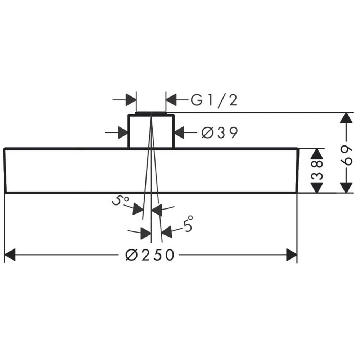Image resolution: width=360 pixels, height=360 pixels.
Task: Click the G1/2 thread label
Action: click(x=214, y=100)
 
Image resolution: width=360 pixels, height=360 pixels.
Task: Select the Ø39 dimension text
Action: click(x=220, y=132)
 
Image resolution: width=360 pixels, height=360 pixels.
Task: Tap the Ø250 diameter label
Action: click(x=150, y=255)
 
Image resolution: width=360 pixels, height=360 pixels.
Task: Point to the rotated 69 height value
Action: click(x=346, y=155)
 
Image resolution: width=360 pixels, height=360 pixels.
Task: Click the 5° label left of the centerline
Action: click(x=120, y=201)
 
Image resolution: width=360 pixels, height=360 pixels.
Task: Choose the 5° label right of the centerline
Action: click(x=188, y=224)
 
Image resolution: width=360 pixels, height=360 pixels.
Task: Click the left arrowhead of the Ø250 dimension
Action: click(x=10, y=255)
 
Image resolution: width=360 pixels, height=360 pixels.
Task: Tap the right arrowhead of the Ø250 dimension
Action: click(x=292, y=255)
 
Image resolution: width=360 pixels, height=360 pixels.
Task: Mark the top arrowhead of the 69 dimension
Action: click(x=346, y=118)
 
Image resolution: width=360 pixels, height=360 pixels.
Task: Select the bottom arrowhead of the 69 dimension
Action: click(x=346, y=187)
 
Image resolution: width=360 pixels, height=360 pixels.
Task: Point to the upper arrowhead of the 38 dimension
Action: click(x=317, y=154)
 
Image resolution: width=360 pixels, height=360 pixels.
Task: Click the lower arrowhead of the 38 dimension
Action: click(x=317, y=187)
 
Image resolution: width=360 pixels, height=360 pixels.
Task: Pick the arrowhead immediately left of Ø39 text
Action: click(x=180, y=132)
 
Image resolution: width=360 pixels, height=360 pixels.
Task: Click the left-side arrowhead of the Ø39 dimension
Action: click(x=123, y=132)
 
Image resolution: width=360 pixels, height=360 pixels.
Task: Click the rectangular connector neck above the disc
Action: click(x=151, y=131)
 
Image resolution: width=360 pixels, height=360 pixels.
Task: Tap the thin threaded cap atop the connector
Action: click(x=151, y=113)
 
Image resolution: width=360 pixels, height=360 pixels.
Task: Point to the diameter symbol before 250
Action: click(x=131, y=255)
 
